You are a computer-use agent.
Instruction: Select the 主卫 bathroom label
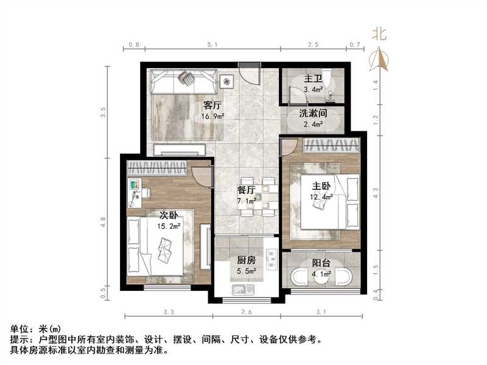[312, 78]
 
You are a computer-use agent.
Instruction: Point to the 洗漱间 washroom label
[314, 113]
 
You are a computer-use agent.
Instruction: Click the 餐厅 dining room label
[245, 189]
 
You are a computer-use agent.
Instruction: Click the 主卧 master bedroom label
[321, 187]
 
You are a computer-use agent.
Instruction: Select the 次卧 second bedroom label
[169, 215]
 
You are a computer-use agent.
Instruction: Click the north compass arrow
[382, 58]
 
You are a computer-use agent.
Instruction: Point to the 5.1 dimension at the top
[212, 45]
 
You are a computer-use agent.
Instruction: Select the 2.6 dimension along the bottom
[247, 313]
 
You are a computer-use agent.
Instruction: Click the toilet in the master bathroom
[328, 79]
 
